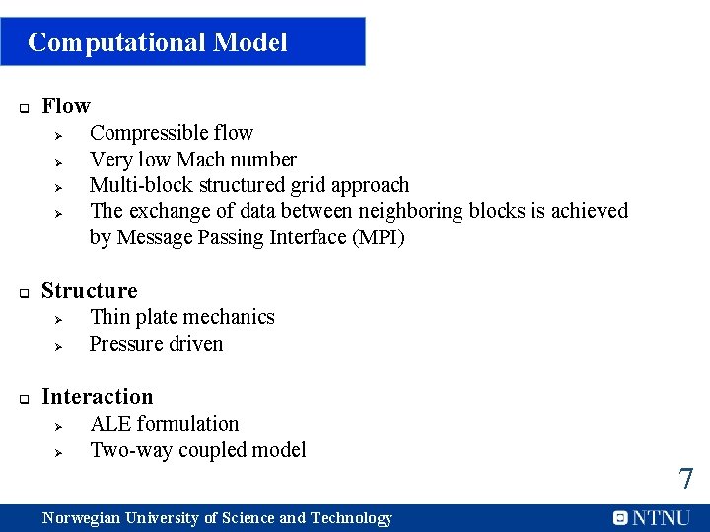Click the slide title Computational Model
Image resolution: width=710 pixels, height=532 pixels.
click(x=158, y=42)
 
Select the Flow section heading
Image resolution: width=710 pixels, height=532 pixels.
click(x=66, y=105)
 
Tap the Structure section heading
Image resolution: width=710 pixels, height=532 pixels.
click(x=89, y=290)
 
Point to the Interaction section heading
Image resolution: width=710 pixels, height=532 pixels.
click(x=98, y=396)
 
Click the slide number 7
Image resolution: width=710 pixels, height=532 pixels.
click(x=685, y=479)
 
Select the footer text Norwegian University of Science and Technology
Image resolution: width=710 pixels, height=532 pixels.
click(x=217, y=518)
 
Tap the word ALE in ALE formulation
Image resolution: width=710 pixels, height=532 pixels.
click(x=110, y=424)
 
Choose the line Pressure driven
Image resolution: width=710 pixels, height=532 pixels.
click(x=156, y=344)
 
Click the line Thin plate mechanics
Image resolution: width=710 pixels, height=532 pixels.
click(x=181, y=317)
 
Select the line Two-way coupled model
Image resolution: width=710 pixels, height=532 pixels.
click(x=197, y=450)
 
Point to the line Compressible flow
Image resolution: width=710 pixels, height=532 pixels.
click(x=171, y=133)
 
